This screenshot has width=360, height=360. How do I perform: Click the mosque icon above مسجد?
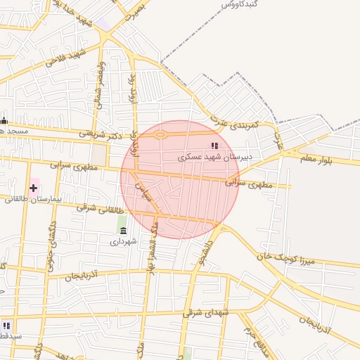(x=4, y=120)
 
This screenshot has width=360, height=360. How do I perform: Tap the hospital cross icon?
(x=33, y=188)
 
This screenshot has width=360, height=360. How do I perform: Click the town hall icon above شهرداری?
(x=124, y=231)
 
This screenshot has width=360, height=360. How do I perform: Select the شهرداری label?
(x=124, y=241)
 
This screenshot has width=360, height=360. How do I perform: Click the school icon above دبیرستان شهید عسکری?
(x=214, y=146)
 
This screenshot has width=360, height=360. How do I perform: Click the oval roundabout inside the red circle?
(x=161, y=134)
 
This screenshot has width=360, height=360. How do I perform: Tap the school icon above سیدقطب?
(x=6, y=326)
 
